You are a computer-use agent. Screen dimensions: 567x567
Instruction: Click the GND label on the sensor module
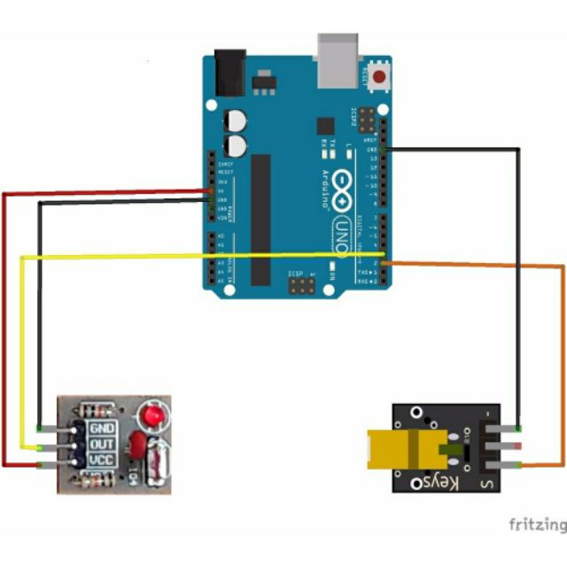click(103, 429)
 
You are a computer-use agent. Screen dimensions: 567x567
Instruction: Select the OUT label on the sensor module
click(103, 445)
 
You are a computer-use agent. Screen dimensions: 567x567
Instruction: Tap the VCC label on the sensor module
click(103, 461)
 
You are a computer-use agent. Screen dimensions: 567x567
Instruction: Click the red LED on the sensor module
click(151, 415)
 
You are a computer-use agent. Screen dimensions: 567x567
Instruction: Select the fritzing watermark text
click(537, 524)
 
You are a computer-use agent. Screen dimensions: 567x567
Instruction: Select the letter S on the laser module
click(486, 484)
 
